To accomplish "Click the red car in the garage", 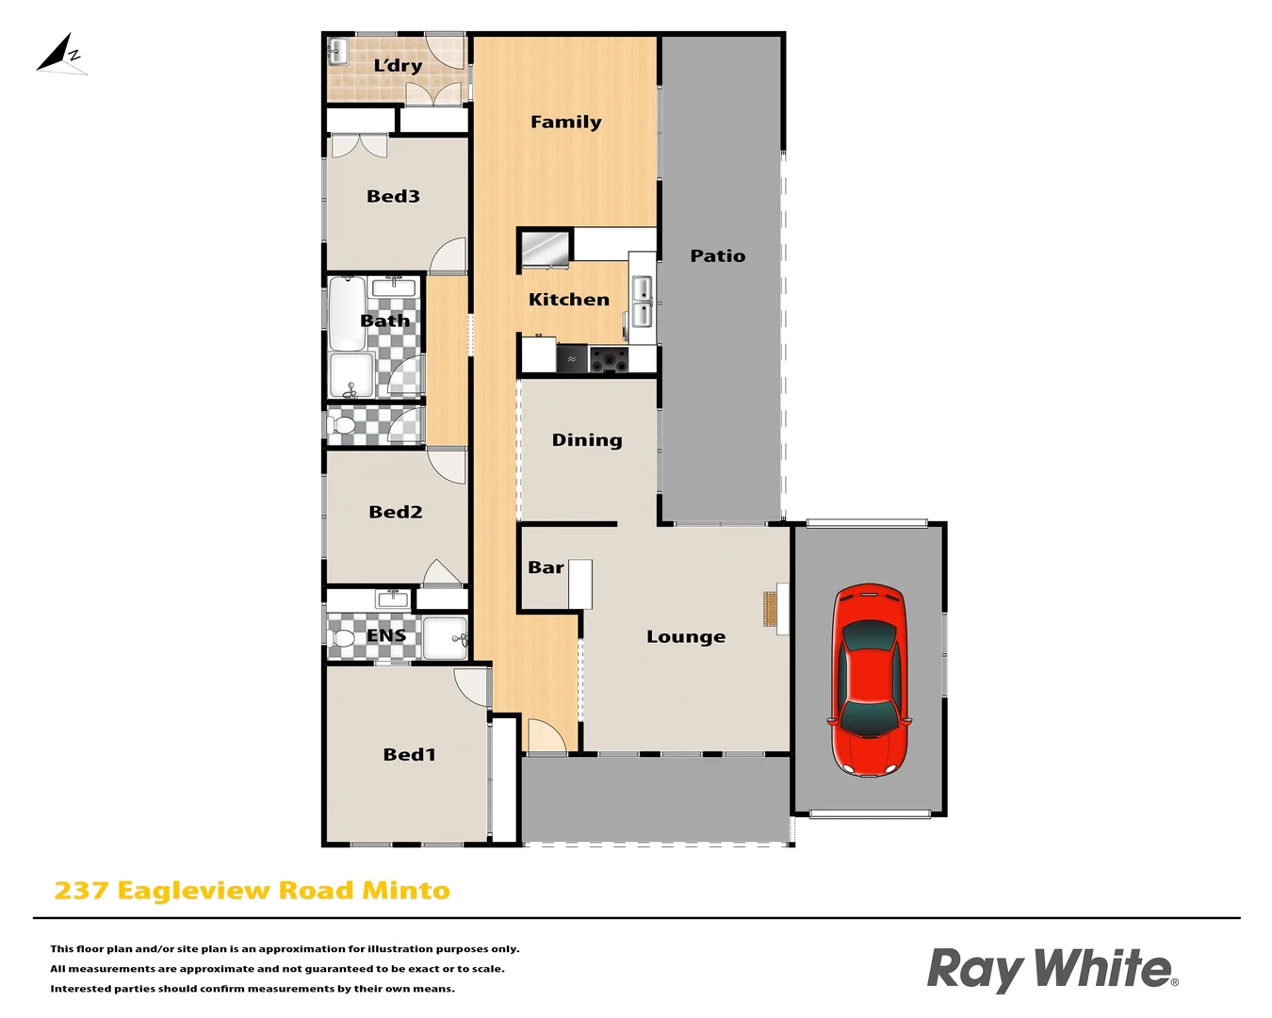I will click(870, 681).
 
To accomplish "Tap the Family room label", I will click(565, 122).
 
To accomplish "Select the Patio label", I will click(717, 255).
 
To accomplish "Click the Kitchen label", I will click(568, 300).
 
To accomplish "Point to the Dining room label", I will click(587, 440).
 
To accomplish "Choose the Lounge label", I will click(686, 637).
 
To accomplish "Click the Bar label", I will click(546, 567).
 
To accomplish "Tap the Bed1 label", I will click(409, 754).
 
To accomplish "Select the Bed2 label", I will click(395, 512).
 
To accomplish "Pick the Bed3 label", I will click(393, 196).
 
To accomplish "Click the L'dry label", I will click(398, 65).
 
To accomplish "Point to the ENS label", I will click(386, 635).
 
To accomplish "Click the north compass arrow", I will click(61, 55).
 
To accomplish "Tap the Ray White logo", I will click(1052, 970).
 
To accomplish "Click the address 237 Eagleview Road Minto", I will click(252, 891).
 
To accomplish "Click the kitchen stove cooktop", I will click(609, 359).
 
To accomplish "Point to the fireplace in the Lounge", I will click(772, 608).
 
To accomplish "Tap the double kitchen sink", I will click(642, 301).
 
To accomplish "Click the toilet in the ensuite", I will click(343, 639).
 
